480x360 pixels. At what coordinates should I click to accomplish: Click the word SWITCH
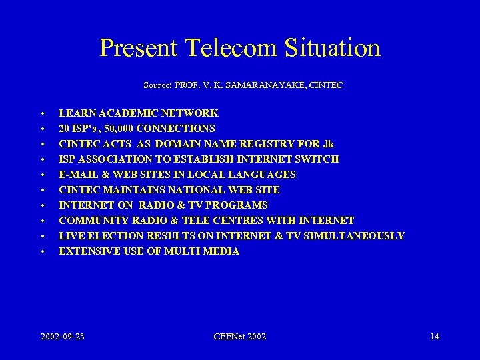[317, 159]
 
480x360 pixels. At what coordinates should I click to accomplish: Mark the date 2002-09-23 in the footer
[62, 336]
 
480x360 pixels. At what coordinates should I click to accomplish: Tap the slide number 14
[434, 336]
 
